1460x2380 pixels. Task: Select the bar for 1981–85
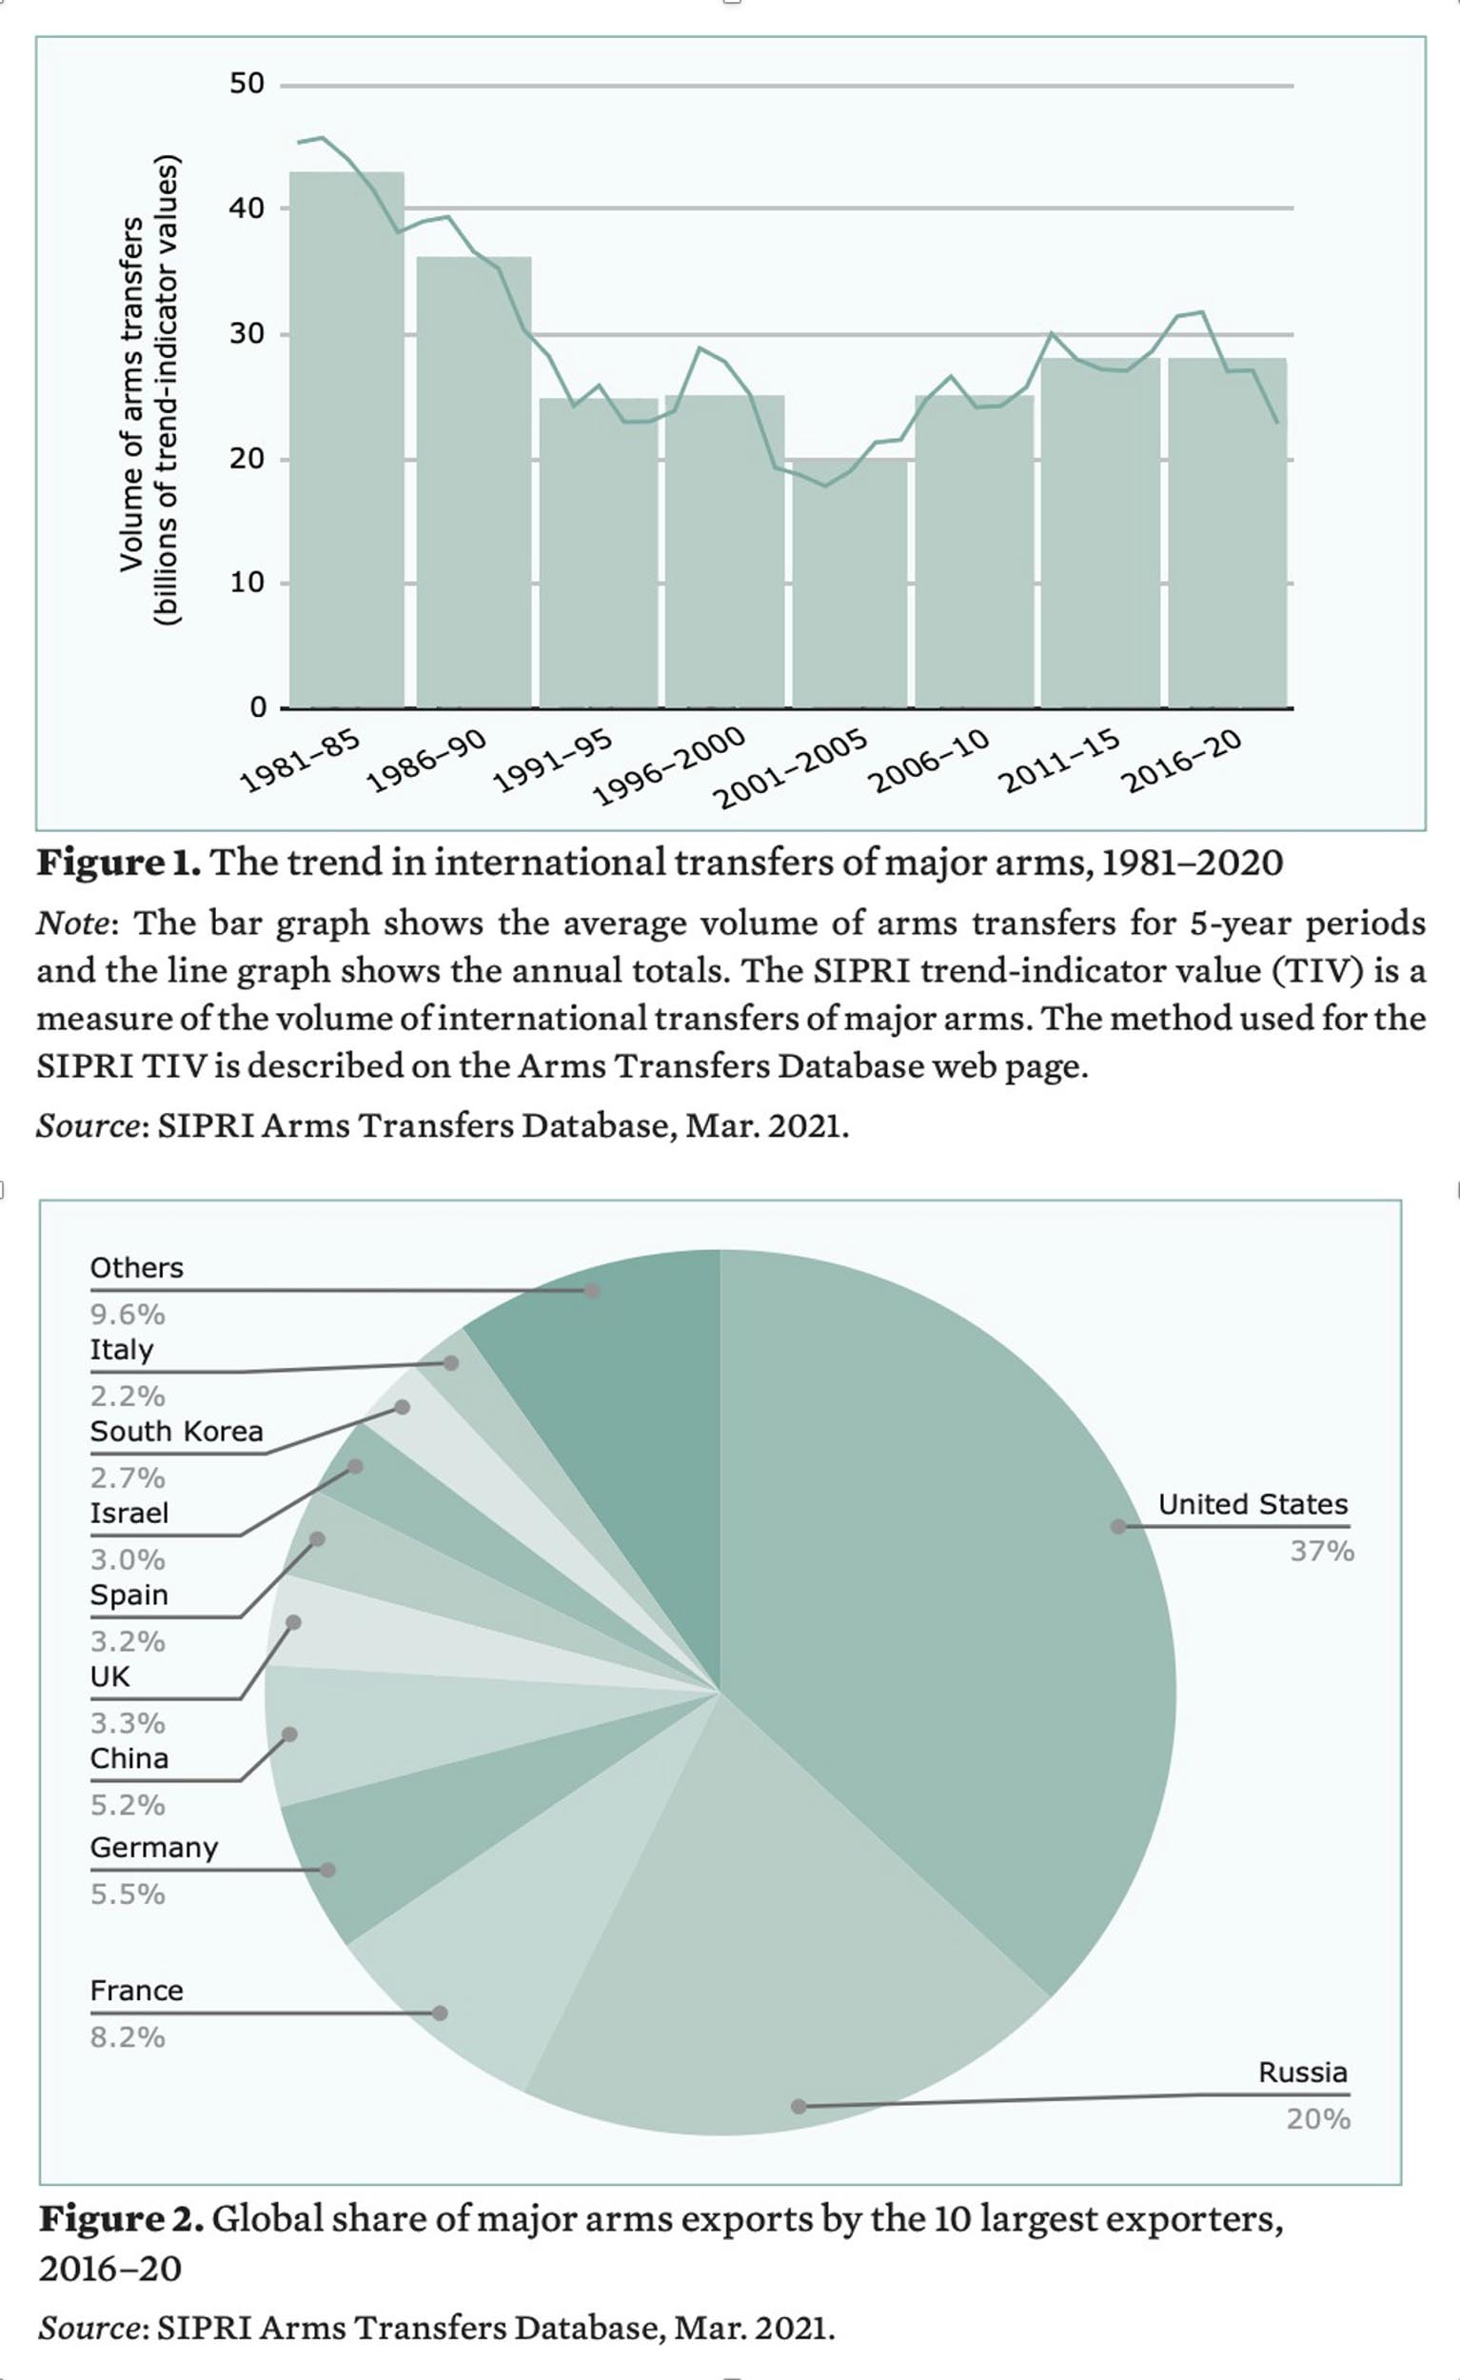[x=346, y=440]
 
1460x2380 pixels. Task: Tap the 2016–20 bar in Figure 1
[x=1226, y=532]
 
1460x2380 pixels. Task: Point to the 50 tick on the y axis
[x=247, y=84]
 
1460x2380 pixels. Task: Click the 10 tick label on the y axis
[x=247, y=583]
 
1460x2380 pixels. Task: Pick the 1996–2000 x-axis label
[x=670, y=768]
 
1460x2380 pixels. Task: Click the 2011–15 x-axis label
[x=1060, y=763]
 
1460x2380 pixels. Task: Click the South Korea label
[x=177, y=1432]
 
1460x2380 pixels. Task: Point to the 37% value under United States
[x=1322, y=1551]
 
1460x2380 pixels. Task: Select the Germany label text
[x=154, y=1848]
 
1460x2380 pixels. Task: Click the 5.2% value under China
[x=128, y=1805]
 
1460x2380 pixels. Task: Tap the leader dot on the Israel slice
[x=355, y=1467]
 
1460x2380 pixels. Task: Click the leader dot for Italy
[x=451, y=1363]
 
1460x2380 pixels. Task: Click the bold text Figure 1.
[x=119, y=863]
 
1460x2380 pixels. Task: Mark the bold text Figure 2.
[x=121, y=2220]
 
